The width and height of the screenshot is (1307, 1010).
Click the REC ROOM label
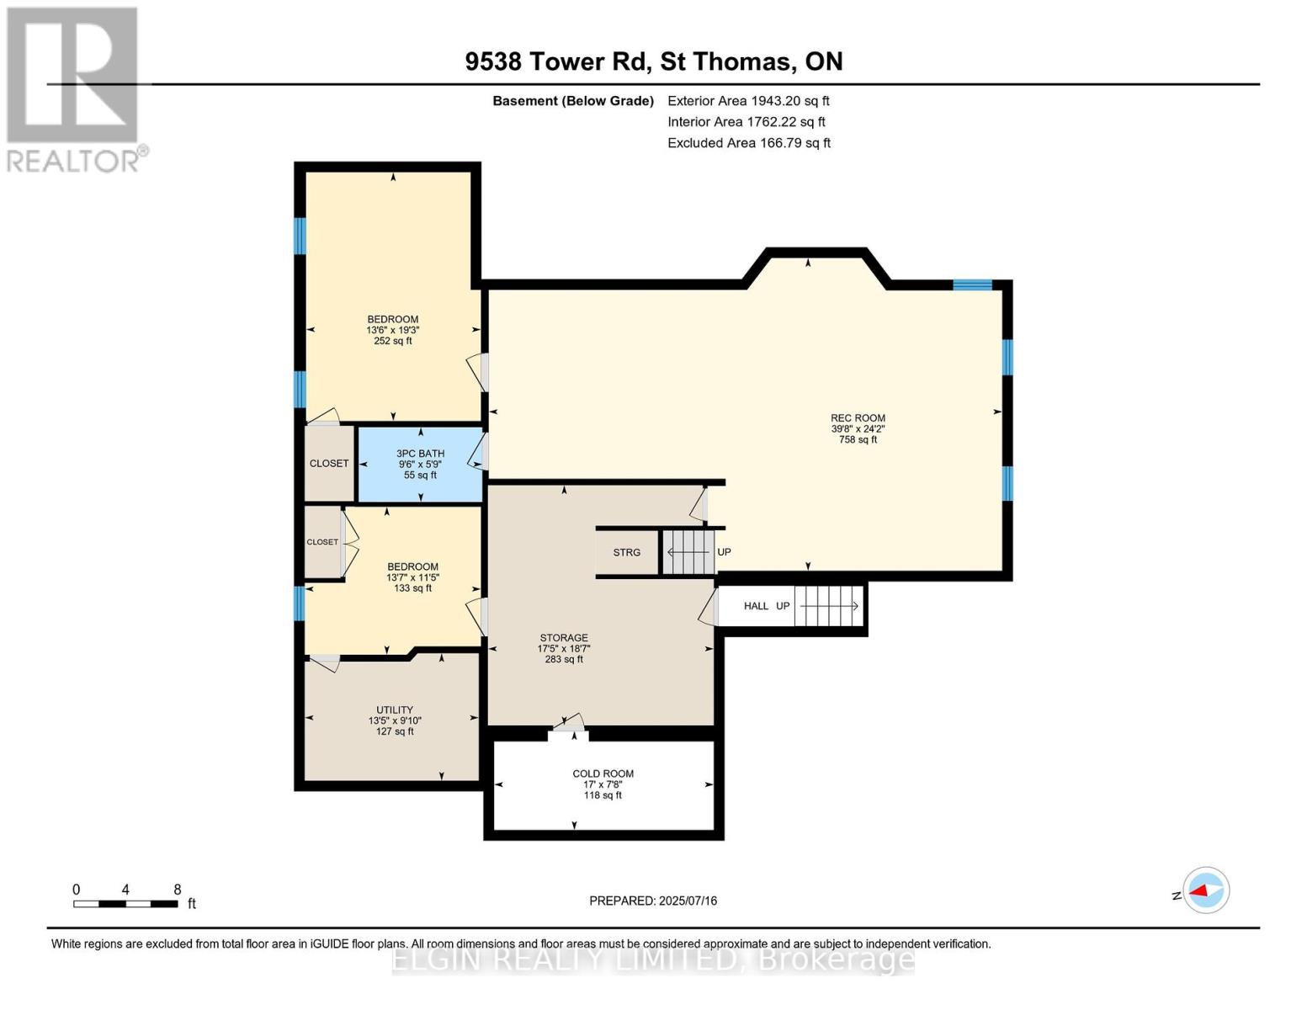pos(858,418)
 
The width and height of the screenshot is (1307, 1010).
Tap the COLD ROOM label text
pos(603,773)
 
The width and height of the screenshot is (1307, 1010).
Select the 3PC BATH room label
pos(421,454)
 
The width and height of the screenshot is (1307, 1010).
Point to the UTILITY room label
pos(395,710)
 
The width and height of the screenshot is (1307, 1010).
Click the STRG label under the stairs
pos(627,552)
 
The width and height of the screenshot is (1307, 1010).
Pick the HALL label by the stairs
pos(756,606)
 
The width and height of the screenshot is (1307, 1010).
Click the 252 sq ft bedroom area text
pos(393,341)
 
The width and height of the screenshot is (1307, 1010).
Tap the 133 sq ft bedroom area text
pos(412,587)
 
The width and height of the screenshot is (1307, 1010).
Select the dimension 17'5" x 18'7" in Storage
pos(564,648)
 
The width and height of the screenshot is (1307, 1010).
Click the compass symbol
pos(1206,890)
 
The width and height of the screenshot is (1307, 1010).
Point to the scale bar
pos(125,903)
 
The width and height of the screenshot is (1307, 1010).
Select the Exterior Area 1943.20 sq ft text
pos(748,101)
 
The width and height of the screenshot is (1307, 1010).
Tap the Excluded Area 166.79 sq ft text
pos(749,143)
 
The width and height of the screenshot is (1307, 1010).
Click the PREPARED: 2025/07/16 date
pos(653,901)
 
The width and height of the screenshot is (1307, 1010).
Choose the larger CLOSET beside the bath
pos(329,463)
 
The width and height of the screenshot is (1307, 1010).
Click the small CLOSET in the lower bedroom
pos(322,542)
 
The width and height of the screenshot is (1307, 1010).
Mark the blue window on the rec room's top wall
pos(972,284)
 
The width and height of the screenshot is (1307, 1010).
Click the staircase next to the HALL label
pos(829,606)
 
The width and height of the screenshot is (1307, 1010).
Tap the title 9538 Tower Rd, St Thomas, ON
pos(654,61)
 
